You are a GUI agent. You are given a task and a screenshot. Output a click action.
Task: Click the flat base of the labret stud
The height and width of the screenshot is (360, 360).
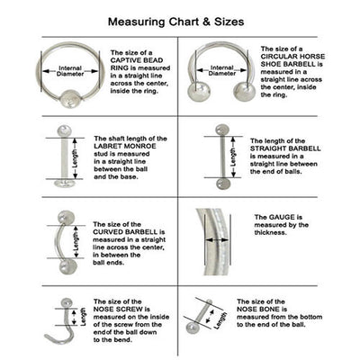coord(65,184)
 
